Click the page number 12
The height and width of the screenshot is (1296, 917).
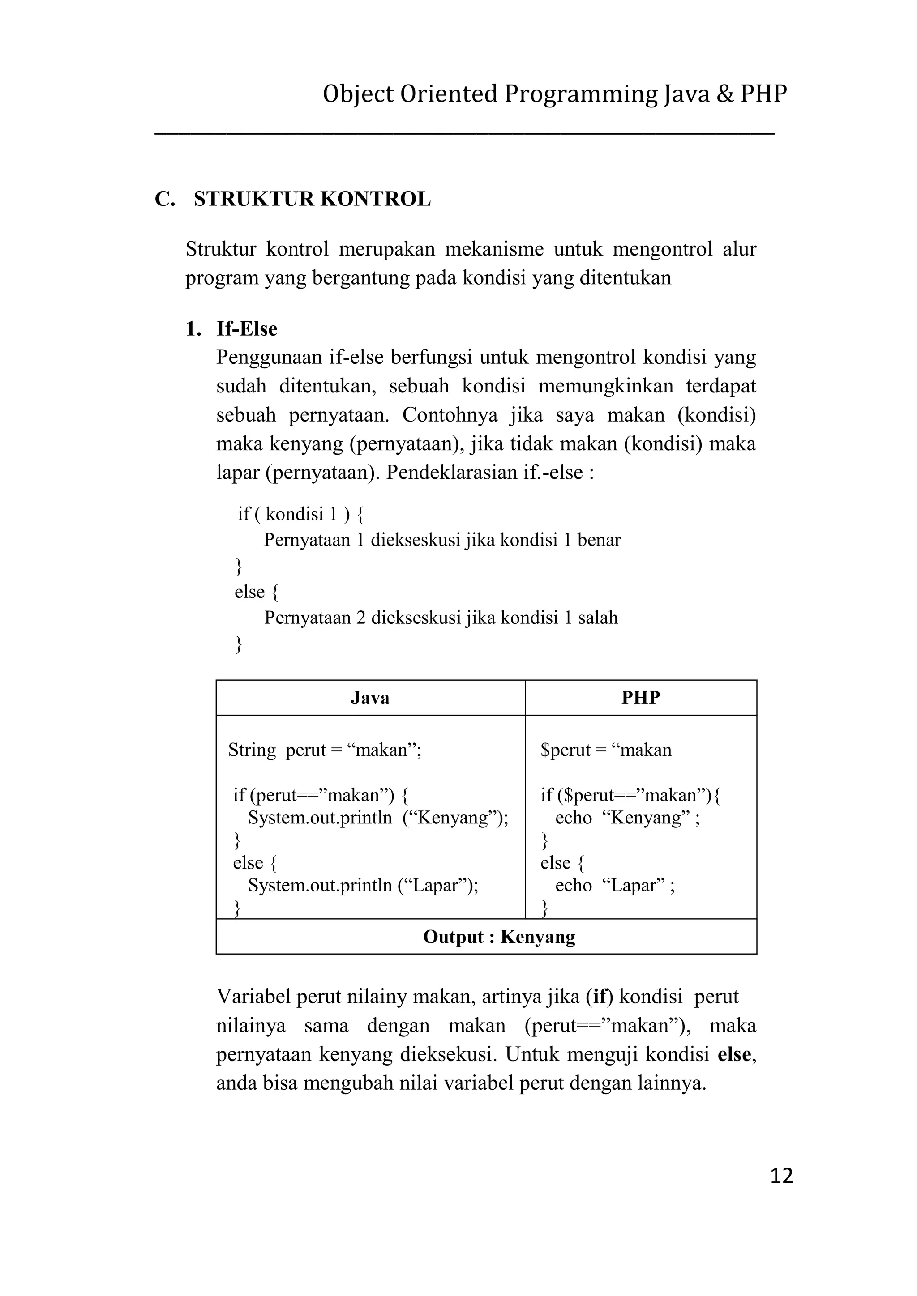(781, 1176)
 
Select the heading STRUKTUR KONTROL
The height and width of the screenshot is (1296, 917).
(312, 199)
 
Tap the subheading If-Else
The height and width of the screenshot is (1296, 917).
(247, 328)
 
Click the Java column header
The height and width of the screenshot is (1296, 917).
(370, 698)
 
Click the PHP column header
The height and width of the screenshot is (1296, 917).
(640, 698)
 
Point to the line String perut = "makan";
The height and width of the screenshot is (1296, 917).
(325, 750)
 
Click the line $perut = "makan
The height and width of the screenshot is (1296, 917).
(606, 750)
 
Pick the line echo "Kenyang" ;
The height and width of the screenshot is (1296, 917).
(627, 817)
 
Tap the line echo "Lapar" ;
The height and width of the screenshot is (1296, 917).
(614, 885)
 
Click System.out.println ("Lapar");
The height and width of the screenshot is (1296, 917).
(363, 885)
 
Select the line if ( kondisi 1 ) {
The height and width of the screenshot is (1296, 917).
(300, 514)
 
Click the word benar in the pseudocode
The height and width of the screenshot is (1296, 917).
(599, 540)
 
